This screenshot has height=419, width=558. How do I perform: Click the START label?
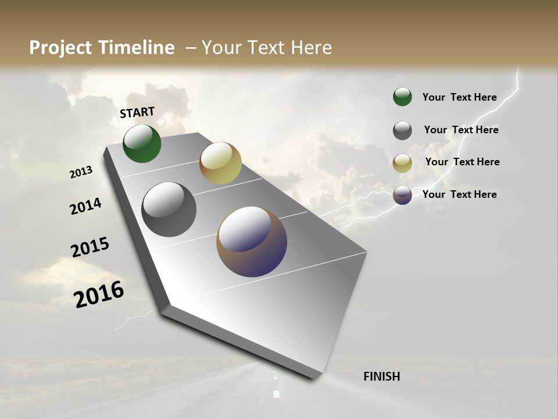tap(137, 112)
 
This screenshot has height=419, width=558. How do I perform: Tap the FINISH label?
tap(381, 377)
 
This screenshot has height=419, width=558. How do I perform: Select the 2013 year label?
tap(81, 172)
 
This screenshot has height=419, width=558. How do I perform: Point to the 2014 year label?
tap(85, 206)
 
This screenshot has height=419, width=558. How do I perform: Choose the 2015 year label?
tap(90, 247)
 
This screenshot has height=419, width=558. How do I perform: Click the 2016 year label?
tap(99, 294)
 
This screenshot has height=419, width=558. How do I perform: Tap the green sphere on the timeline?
tap(142, 144)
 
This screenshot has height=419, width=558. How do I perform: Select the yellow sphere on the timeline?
tap(220, 163)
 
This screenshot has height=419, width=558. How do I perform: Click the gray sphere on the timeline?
tap(169, 210)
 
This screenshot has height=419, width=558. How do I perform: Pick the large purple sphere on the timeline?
tap(252, 242)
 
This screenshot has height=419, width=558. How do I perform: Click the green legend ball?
tap(402, 97)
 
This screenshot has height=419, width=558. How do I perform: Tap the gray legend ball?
tap(402, 130)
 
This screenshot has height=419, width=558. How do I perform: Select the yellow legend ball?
tap(402, 163)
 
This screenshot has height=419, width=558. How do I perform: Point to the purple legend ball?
tap(402, 195)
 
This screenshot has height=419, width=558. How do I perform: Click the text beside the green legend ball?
tap(459, 97)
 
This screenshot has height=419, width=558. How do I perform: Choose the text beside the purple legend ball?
tap(459, 194)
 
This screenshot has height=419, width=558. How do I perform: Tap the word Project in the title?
tap(60, 48)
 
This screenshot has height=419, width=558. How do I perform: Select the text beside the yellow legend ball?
tap(462, 162)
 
